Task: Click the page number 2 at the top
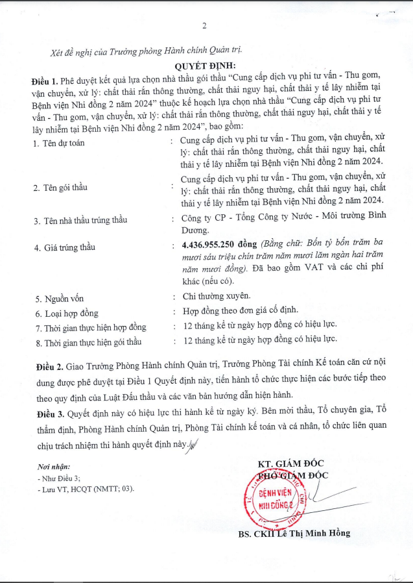tap(204, 26)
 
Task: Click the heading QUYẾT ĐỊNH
tap(205, 66)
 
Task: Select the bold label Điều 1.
tap(43, 81)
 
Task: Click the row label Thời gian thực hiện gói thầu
tap(89, 342)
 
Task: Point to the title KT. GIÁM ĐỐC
tap(290, 464)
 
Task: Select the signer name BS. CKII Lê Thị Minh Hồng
tap(294, 533)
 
